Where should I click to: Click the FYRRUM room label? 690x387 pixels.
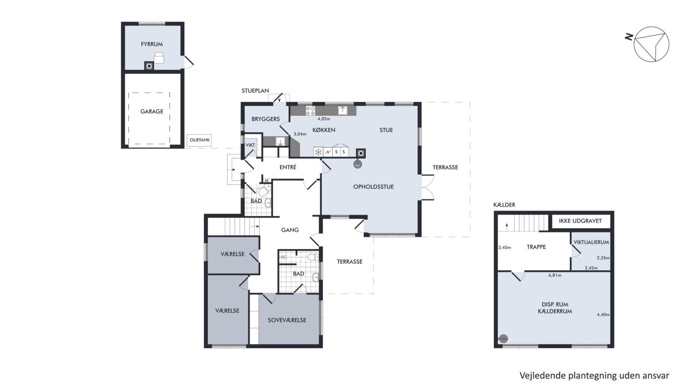(152, 44)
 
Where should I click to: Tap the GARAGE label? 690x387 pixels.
(152, 111)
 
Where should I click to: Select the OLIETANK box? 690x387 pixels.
(199, 140)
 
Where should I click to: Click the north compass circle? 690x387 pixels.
(651, 44)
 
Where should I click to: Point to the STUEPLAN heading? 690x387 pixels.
(255, 91)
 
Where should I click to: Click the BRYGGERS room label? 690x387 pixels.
(266, 119)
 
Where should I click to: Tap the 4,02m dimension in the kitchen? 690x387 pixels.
(324, 119)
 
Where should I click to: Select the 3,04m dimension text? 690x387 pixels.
(300, 134)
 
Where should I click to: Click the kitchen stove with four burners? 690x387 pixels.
(310, 111)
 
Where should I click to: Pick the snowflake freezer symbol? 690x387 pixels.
(318, 152)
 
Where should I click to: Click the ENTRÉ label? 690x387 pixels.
(288, 167)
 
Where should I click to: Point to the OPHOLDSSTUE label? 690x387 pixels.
(374, 187)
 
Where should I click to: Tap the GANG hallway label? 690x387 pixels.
(290, 230)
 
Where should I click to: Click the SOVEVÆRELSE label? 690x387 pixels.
(287, 320)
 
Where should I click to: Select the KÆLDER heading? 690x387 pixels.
(504, 205)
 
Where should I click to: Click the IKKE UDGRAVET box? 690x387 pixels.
(581, 221)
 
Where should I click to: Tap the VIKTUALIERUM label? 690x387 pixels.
(591, 242)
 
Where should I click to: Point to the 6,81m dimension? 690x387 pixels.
(555, 275)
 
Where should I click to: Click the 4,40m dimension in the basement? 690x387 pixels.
(603, 315)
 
